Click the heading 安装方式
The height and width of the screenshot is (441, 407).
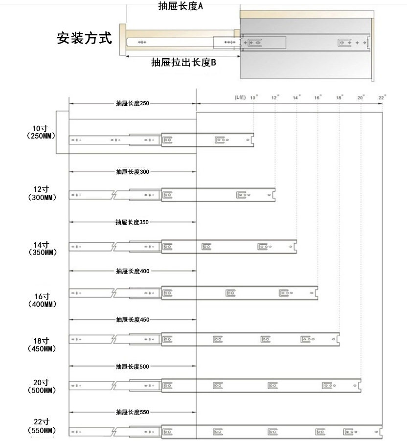tap(84, 38)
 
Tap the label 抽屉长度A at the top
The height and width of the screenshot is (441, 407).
tap(181, 6)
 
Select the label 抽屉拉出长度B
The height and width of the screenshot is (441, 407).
tap(183, 63)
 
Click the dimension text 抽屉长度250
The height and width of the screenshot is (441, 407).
tap(133, 104)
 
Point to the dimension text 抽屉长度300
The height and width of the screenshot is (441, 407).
tap(133, 172)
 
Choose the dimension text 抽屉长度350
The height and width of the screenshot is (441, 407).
tap(132, 222)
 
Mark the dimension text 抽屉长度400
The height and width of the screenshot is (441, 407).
tap(133, 271)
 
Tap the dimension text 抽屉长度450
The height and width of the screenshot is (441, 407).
tap(133, 320)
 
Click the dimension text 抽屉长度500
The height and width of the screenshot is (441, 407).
tap(133, 367)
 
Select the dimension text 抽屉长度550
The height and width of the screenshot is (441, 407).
tap(133, 412)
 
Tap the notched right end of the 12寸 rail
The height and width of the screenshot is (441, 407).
tap(273, 195)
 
